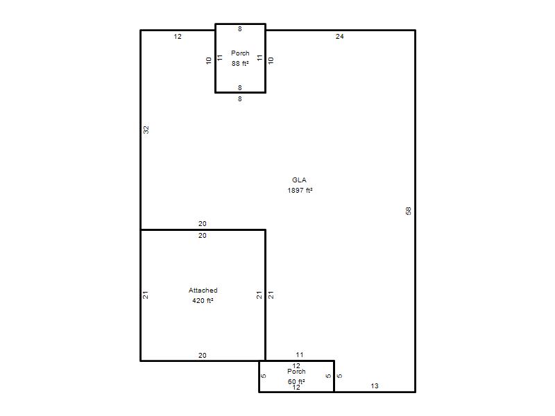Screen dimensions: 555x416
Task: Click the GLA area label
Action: click(x=299, y=180)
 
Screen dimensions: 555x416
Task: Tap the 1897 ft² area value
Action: click(x=300, y=190)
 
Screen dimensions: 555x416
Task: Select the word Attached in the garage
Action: click(x=203, y=291)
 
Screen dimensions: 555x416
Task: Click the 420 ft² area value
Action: click(x=203, y=301)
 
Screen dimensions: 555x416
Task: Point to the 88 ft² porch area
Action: click(x=240, y=64)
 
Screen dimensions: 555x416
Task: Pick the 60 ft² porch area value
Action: click(x=296, y=381)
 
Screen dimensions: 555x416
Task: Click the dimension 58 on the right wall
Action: click(x=408, y=211)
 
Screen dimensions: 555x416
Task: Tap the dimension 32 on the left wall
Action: click(x=146, y=130)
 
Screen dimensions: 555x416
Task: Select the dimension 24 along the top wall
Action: click(x=339, y=37)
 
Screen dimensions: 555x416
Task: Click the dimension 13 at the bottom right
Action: click(x=375, y=386)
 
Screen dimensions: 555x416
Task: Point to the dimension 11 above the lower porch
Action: click(x=300, y=355)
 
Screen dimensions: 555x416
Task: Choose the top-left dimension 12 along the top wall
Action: click(x=178, y=37)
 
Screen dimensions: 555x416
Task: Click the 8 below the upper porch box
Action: click(x=240, y=99)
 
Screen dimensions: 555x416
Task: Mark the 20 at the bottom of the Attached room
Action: click(x=202, y=356)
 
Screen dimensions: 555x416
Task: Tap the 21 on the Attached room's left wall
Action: click(x=145, y=295)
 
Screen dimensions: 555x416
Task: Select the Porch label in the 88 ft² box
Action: click(x=240, y=53)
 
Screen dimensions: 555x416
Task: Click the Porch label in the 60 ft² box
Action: click(x=296, y=372)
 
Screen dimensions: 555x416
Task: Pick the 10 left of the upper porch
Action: click(x=209, y=60)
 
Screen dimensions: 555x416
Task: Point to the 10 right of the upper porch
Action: click(x=271, y=60)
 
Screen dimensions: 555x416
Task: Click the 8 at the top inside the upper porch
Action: click(x=240, y=29)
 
